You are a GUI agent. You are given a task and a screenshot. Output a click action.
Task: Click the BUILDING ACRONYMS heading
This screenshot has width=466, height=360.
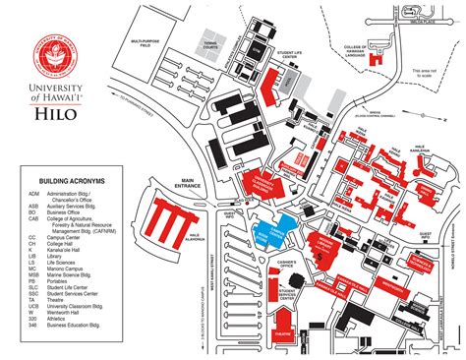click(71, 182)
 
